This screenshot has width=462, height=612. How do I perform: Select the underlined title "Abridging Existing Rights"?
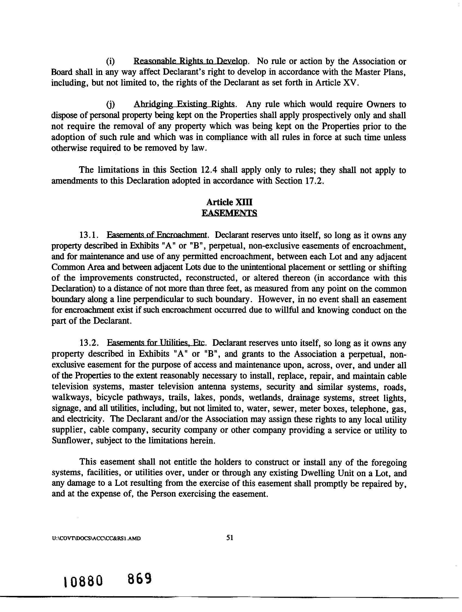coord(184,104)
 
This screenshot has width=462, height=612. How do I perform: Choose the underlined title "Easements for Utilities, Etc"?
coord(156,343)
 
